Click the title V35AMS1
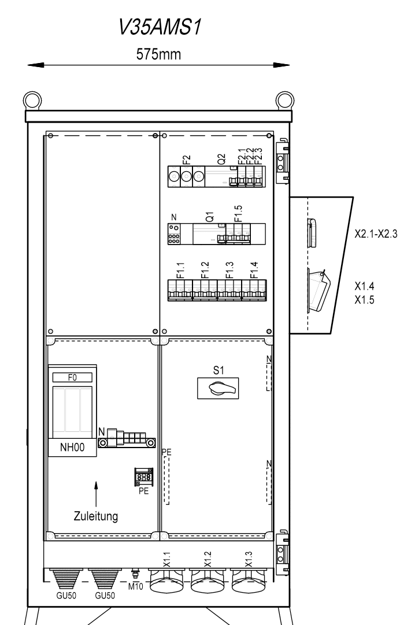point(160,28)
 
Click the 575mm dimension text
point(158,54)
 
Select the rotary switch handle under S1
point(218,388)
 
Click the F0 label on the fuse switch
point(72,377)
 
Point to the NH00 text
point(72,448)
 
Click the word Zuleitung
point(96,516)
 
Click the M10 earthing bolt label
point(135,587)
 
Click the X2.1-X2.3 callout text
point(376,234)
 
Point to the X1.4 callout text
point(364,286)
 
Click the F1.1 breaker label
point(180,270)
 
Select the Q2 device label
point(221,159)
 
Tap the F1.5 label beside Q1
point(238,214)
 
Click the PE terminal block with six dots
point(143,477)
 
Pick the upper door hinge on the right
point(282,161)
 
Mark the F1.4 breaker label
point(254,270)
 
